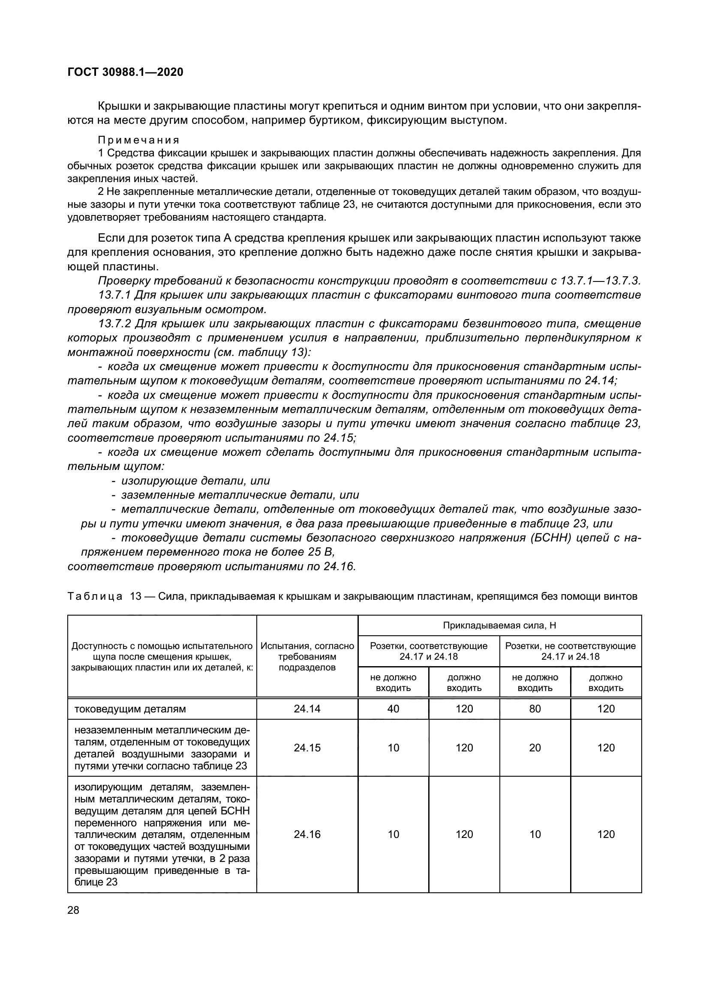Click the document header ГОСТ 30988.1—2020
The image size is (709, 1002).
(x=125, y=72)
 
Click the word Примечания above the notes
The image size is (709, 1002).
(x=138, y=140)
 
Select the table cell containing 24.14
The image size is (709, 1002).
(x=307, y=709)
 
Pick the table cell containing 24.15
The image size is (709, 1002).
(x=307, y=748)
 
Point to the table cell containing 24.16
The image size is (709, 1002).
(x=307, y=834)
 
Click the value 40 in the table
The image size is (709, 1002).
(x=393, y=709)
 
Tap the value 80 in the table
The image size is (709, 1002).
(x=535, y=709)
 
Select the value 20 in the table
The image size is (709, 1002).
(x=535, y=748)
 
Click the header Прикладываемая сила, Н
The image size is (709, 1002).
(x=499, y=625)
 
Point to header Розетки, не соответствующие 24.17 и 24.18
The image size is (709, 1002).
(x=570, y=651)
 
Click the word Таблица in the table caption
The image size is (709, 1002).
(x=95, y=596)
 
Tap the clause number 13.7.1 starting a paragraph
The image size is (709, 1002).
(x=115, y=295)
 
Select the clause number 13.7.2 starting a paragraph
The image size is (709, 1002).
(x=115, y=324)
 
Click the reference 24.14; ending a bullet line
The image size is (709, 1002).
(x=600, y=381)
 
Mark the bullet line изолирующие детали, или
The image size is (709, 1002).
(x=195, y=481)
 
